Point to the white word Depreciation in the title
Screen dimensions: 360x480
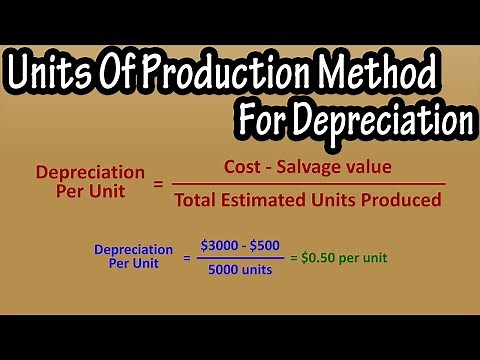pos(384,121)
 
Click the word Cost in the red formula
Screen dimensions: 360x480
pos(248,166)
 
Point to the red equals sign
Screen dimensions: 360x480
pos(158,183)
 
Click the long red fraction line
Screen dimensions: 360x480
pos(308,183)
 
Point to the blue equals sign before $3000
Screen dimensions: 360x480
pos(187,258)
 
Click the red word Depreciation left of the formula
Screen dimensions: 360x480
pos(81,172)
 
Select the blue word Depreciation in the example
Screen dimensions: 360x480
pos(133,250)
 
